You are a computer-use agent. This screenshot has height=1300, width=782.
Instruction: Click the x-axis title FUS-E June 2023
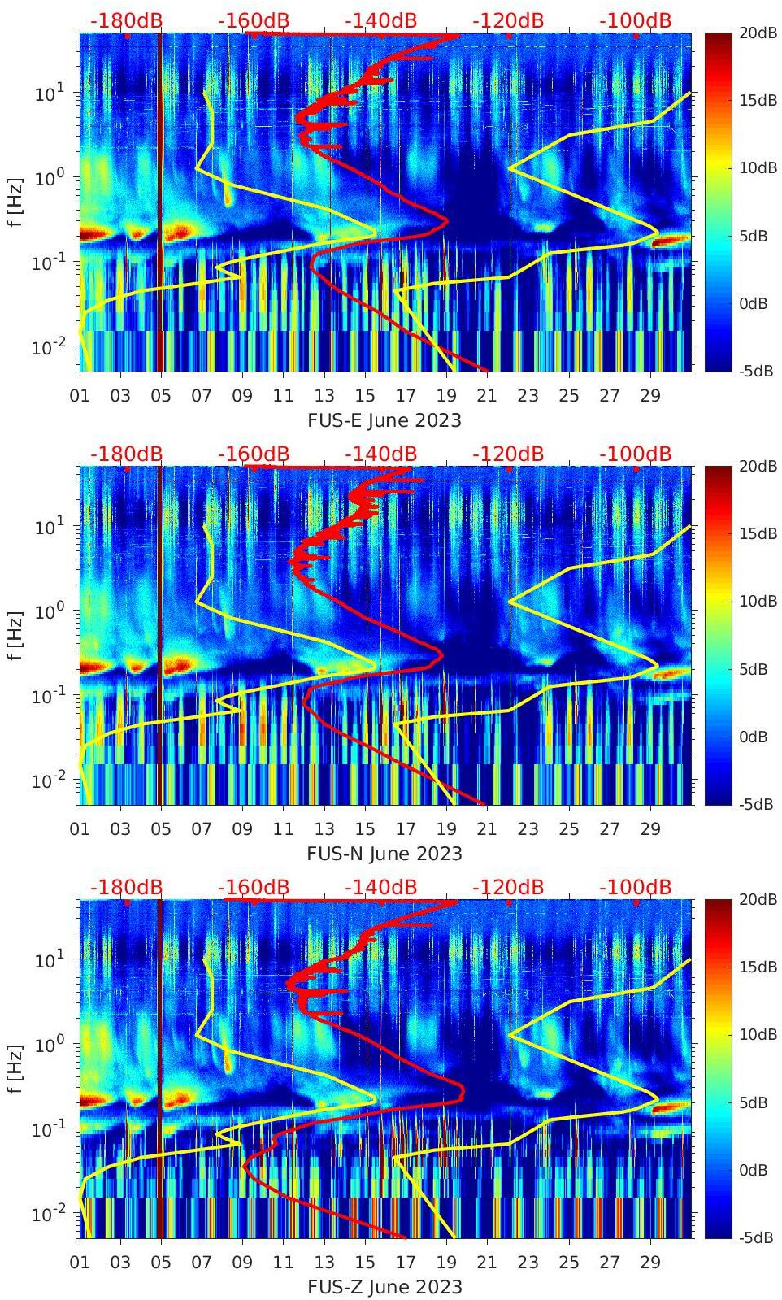(x=384, y=420)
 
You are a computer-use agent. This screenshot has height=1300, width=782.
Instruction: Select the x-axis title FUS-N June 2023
(x=384, y=854)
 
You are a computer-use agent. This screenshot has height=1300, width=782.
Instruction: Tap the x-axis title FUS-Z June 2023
(x=384, y=1287)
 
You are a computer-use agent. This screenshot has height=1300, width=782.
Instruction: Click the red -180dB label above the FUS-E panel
(x=126, y=20)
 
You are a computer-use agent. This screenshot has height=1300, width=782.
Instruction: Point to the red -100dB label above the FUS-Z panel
(x=635, y=887)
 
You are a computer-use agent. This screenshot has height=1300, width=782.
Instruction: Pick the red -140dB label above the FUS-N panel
(x=380, y=454)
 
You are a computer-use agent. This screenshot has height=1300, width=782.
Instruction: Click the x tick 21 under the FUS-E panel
(x=487, y=396)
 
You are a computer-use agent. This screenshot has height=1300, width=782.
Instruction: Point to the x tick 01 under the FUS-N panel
(x=80, y=829)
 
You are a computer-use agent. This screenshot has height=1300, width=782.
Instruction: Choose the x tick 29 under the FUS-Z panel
(x=649, y=1263)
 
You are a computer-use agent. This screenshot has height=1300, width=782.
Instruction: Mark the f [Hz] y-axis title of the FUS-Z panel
(x=15, y=1068)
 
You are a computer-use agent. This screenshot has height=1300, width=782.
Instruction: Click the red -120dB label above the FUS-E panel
(x=508, y=20)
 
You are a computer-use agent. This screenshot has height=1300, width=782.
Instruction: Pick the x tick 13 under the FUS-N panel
(x=324, y=829)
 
